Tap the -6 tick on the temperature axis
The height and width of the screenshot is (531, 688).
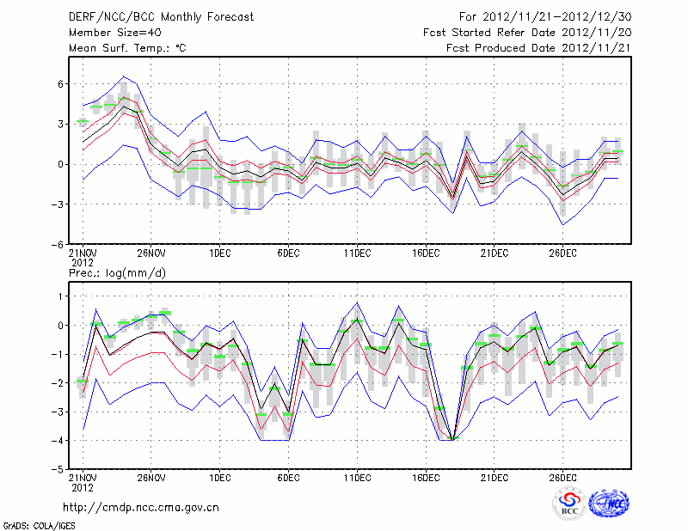pos(59,244)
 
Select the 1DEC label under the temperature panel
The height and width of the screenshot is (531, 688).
pos(219,253)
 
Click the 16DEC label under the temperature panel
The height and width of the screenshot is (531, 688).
pos(427,253)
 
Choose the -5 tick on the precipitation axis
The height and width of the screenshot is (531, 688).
pos(59,469)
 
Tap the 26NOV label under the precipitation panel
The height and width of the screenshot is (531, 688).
pos(150,478)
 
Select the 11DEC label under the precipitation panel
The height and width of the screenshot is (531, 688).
pos(357,478)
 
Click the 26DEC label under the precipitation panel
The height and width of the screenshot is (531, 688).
pos(563,478)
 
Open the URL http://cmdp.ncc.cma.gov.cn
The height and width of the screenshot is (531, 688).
pos(142,507)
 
